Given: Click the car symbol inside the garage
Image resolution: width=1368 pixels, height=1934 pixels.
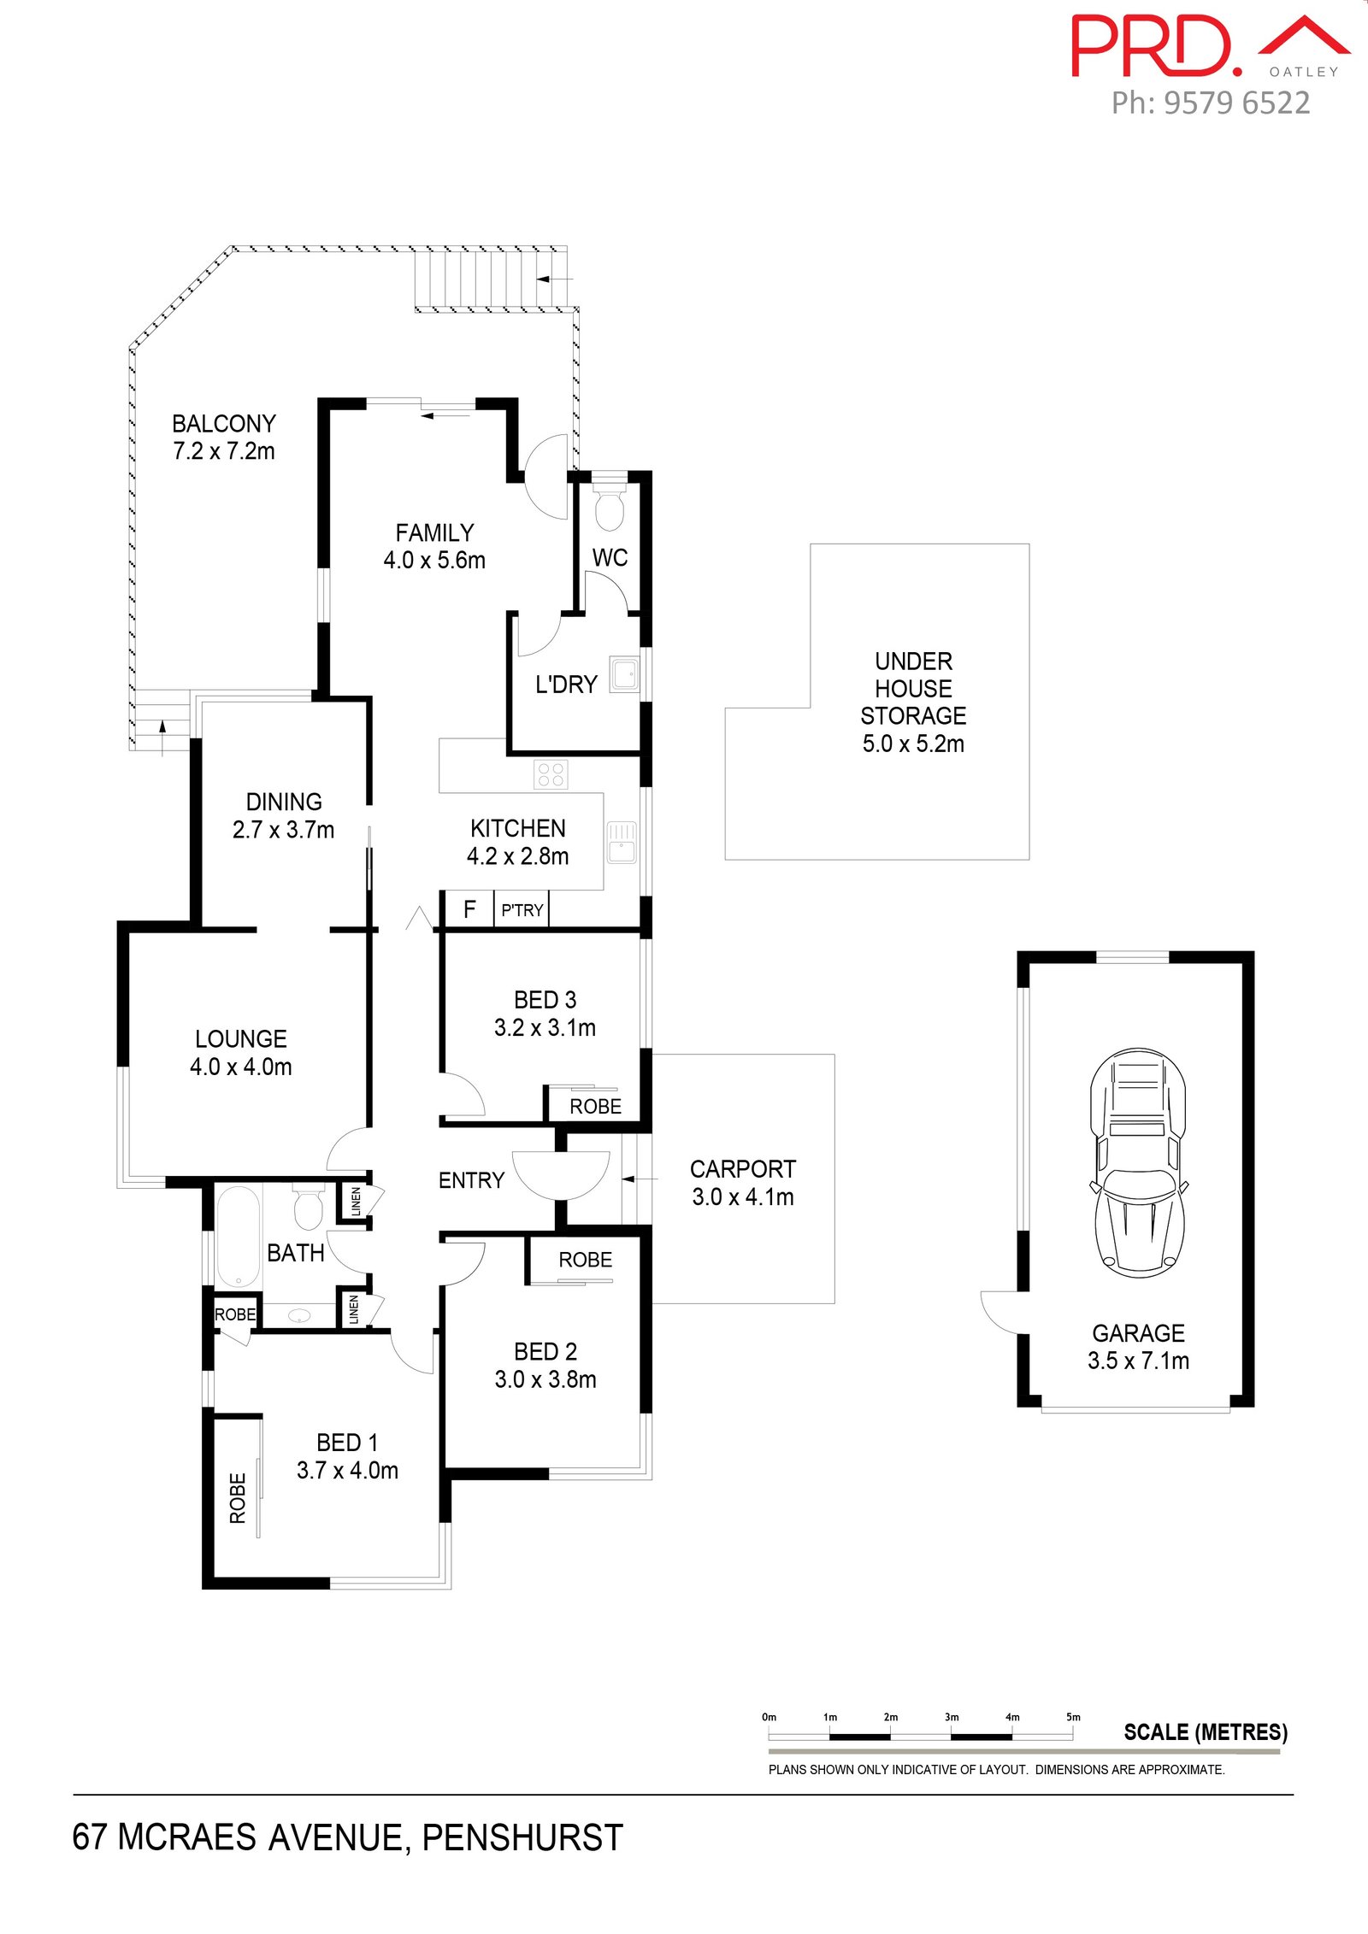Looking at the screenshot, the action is (1138, 1163).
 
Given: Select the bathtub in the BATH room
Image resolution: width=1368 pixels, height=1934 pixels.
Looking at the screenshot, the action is (238, 1237).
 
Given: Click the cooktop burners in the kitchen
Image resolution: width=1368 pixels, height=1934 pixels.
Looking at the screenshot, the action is (551, 774).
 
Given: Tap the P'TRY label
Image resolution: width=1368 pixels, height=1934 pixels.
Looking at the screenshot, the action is (522, 910).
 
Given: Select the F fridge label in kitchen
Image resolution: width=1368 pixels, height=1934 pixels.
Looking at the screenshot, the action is (469, 909).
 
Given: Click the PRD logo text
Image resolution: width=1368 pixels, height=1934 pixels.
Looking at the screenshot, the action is (1156, 46).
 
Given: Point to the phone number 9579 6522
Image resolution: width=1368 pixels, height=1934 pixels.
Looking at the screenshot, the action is (1237, 103).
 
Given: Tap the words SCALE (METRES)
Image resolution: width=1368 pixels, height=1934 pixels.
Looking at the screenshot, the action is (1206, 1732).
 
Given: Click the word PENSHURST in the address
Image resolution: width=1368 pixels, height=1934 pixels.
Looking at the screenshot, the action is (522, 1837).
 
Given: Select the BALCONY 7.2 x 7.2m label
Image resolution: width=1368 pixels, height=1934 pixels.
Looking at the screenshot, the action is (224, 437).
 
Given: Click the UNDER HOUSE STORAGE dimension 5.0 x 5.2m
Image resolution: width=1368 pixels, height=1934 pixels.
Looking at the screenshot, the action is (913, 744).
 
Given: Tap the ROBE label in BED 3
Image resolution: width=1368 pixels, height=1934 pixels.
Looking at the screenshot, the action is (596, 1107).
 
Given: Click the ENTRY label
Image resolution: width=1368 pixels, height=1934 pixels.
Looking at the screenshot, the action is (471, 1180).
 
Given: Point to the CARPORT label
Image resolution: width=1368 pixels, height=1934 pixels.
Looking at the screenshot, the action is (743, 1169).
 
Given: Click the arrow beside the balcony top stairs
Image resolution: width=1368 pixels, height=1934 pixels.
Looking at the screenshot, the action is (555, 279).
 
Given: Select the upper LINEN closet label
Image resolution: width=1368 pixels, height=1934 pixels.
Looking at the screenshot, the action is (356, 1201).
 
